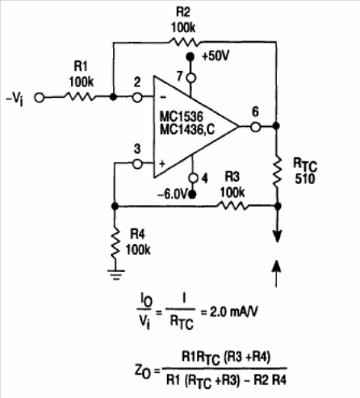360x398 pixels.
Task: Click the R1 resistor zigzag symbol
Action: pyautogui.click(x=80, y=97)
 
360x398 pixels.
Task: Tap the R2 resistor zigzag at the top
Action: pyautogui.click(x=184, y=42)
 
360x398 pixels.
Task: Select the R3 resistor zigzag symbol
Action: pyautogui.click(x=233, y=206)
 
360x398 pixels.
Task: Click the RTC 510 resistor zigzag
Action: pyautogui.click(x=277, y=172)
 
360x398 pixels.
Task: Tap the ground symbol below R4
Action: pyautogui.click(x=115, y=274)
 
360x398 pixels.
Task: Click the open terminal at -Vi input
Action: pyautogui.click(x=40, y=98)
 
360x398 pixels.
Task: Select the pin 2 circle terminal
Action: pyautogui.click(x=137, y=98)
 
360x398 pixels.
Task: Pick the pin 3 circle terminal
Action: pyautogui.click(x=137, y=164)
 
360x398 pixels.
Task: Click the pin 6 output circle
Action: pyautogui.click(x=256, y=127)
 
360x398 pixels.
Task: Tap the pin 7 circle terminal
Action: pyautogui.click(x=191, y=78)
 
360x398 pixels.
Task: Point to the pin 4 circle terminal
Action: pyautogui.click(x=193, y=178)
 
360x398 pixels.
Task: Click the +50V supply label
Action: pyautogui.click(x=216, y=57)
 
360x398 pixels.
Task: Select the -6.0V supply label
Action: pyautogui.click(x=172, y=195)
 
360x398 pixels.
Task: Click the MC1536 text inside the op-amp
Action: pyautogui.click(x=182, y=117)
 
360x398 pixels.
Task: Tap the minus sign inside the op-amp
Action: pyautogui.click(x=163, y=98)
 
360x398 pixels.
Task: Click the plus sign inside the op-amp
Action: pyautogui.click(x=162, y=164)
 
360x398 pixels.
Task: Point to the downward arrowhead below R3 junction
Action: pyautogui.click(x=277, y=237)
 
